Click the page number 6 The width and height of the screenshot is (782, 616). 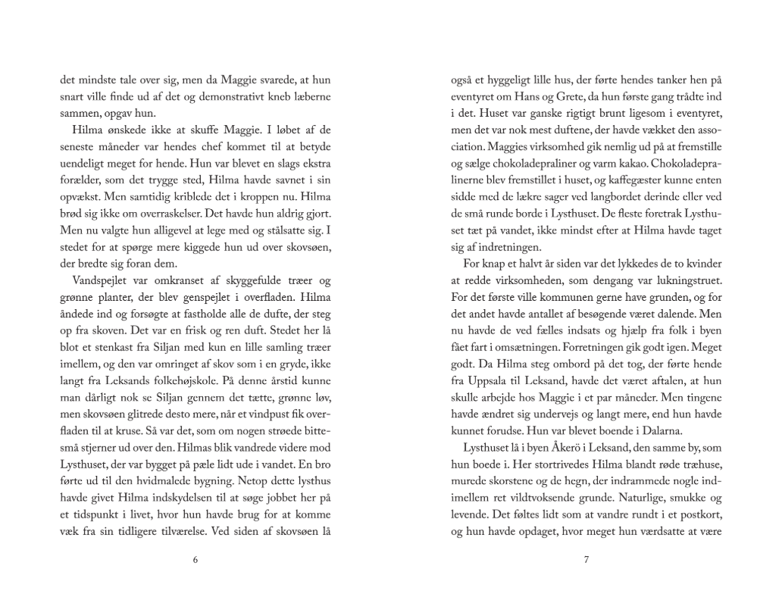[195, 561]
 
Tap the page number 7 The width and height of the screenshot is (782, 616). [586, 561]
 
